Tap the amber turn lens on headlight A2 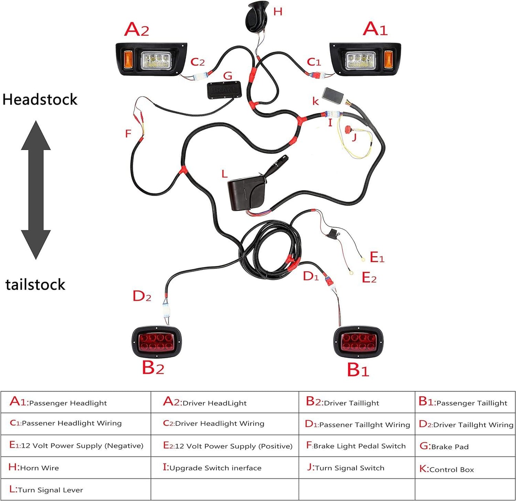click(x=128, y=59)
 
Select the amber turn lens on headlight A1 click(x=388, y=59)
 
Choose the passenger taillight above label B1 click(x=359, y=342)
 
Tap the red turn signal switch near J click(x=348, y=129)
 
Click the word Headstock click(x=40, y=100)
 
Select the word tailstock click(x=35, y=285)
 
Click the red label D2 click(x=142, y=296)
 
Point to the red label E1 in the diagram click(x=377, y=257)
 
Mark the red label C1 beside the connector click(x=314, y=62)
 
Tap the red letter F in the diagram click(x=128, y=134)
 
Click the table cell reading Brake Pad click(x=465, y=446)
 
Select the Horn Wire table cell click(x=76, y=467)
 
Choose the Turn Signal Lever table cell click(x=76, y=490)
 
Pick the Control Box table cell click(x=465, y=469)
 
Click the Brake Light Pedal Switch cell click(x=356, y=446)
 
